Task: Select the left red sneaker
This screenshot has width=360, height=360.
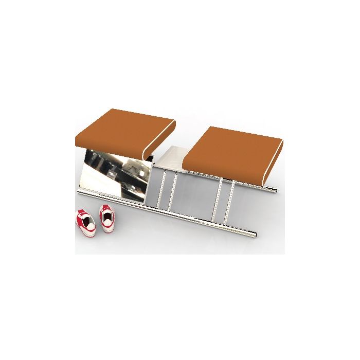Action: pyautogui.click(x=86, y=222)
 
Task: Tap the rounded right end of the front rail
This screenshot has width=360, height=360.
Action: pyautogui.click(x=253, y=236)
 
